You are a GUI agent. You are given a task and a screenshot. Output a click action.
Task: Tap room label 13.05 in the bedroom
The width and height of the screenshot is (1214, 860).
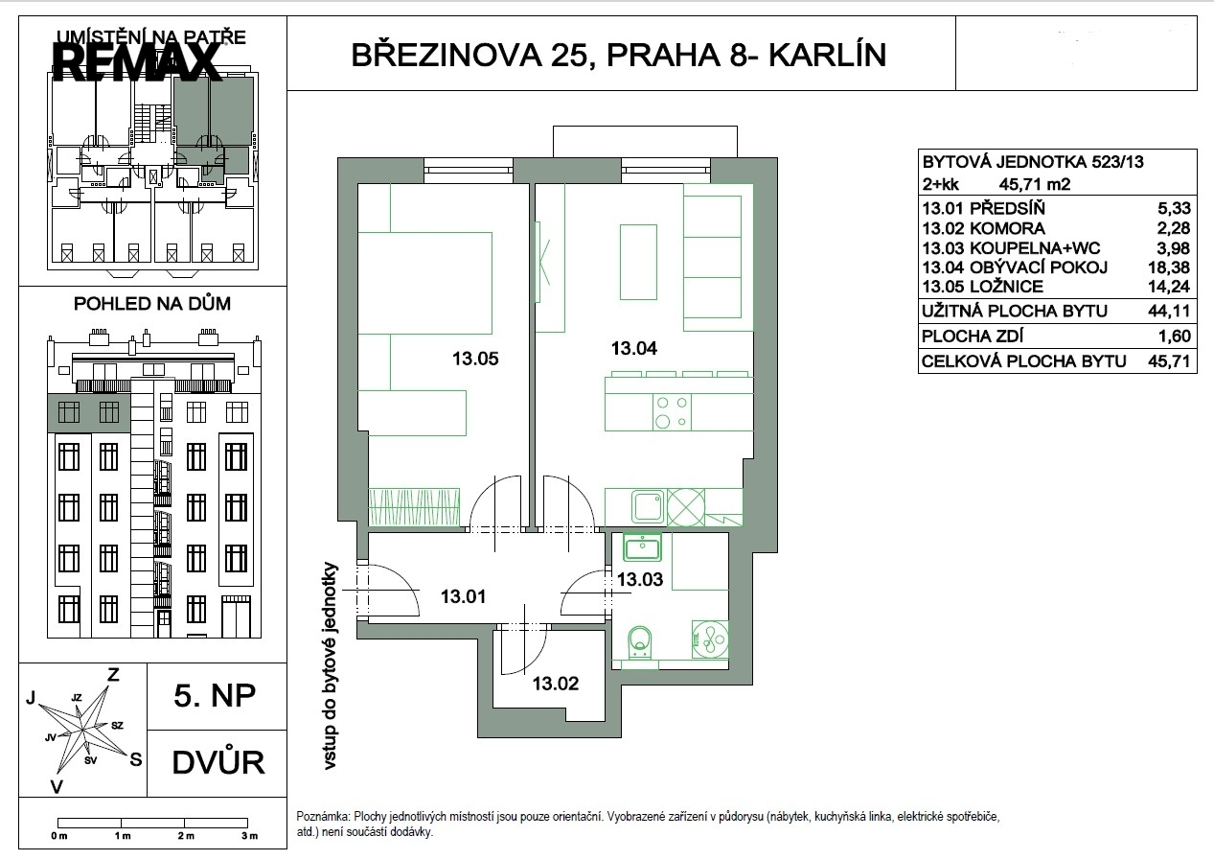coord(475,359)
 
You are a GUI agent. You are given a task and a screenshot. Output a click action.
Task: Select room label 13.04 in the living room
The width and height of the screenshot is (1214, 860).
coord(634,348)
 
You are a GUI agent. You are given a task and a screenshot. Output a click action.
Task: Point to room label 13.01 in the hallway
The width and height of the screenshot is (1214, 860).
coord(463,596)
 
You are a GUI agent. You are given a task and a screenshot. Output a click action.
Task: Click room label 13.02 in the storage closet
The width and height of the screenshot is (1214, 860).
coord(556,684)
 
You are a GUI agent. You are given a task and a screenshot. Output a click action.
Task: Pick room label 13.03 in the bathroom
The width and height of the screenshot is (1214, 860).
coord(640,580)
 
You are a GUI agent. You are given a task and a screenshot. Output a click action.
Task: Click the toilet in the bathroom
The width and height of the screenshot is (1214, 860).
coord(641,643)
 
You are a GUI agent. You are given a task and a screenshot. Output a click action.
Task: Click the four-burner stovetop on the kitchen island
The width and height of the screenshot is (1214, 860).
coord(672,412)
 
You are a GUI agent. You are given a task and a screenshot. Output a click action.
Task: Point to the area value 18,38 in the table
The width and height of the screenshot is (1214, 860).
coord(1169,267)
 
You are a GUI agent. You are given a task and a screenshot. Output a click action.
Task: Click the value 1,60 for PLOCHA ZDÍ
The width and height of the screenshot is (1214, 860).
coord(1175,337)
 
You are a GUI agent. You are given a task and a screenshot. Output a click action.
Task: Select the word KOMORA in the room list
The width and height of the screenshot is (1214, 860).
coord(1007,228)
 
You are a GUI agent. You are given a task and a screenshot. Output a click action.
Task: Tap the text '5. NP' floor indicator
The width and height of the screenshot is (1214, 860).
coord(215,696)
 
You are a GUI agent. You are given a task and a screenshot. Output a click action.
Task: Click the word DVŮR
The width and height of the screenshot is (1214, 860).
coord(218,762)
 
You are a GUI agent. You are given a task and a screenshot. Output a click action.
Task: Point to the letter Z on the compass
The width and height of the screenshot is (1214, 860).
coord(113,675)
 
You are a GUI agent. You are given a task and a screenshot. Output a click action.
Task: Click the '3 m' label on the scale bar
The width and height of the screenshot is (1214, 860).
coord(250,836)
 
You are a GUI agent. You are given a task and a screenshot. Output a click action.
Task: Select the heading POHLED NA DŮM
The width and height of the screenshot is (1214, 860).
coord(152,304)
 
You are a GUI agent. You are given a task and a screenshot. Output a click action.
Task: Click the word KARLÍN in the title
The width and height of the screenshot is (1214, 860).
coord(828,56)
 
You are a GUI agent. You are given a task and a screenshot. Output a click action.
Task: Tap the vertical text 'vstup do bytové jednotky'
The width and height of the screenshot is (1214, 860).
coord(330,666)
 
